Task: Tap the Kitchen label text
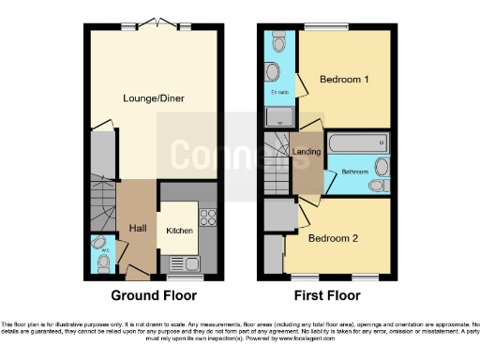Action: click(179, 230)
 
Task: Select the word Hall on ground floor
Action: click(135, 227)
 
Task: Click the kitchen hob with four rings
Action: click(207, 218)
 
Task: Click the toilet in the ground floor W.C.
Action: click(102, 263)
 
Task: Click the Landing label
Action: click(306, 151)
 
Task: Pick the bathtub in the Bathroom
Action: click(356, 143)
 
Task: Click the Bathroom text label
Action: click(352, 172)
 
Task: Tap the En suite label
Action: click(279, 94)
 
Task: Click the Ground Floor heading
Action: click(155, 295)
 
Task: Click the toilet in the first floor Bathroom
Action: click(379, 186)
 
